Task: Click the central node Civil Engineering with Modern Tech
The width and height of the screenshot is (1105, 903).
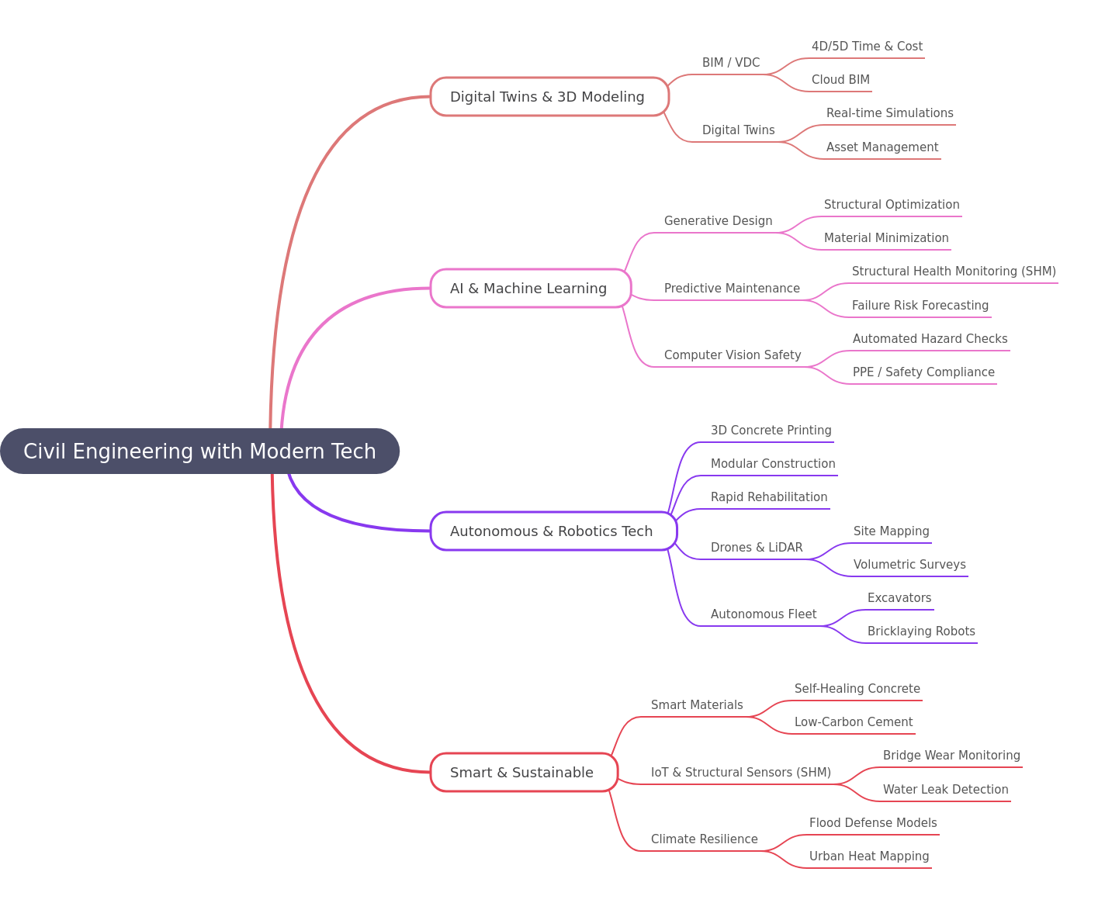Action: click(199, 451)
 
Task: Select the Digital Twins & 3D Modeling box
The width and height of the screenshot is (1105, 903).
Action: click(549, 96)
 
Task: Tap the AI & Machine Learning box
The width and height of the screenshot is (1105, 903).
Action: click(530, 288)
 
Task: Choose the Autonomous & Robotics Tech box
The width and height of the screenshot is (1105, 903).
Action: click(553, 531)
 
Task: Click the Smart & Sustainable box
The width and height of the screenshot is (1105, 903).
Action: click(524, 772)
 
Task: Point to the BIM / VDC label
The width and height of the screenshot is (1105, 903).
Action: click(730, 62)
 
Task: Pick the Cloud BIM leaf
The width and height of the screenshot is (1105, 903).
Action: click(840, 80)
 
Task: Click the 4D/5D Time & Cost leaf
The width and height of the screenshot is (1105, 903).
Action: click(867, 46)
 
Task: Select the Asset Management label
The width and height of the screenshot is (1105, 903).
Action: click(882, 147)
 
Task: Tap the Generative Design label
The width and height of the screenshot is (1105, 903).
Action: click(718, 220)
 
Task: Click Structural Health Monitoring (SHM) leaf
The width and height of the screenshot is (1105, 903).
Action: click(954, 272)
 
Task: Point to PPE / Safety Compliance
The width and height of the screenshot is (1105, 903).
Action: click(923, 372)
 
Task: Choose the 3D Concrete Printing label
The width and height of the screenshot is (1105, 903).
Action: click(771, 430)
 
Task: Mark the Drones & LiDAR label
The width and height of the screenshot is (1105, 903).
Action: click(756, 548)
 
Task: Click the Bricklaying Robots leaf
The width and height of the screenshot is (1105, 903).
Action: click(921, 631)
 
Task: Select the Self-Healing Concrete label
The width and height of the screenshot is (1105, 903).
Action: click(857, 688)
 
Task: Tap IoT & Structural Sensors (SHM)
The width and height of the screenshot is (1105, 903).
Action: click(740, 772)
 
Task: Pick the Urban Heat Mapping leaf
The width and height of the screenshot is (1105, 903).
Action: click(868, 856)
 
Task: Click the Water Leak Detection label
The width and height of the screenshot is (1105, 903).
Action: click(945, 789)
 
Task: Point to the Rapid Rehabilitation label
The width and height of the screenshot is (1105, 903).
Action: click(769, 496)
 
